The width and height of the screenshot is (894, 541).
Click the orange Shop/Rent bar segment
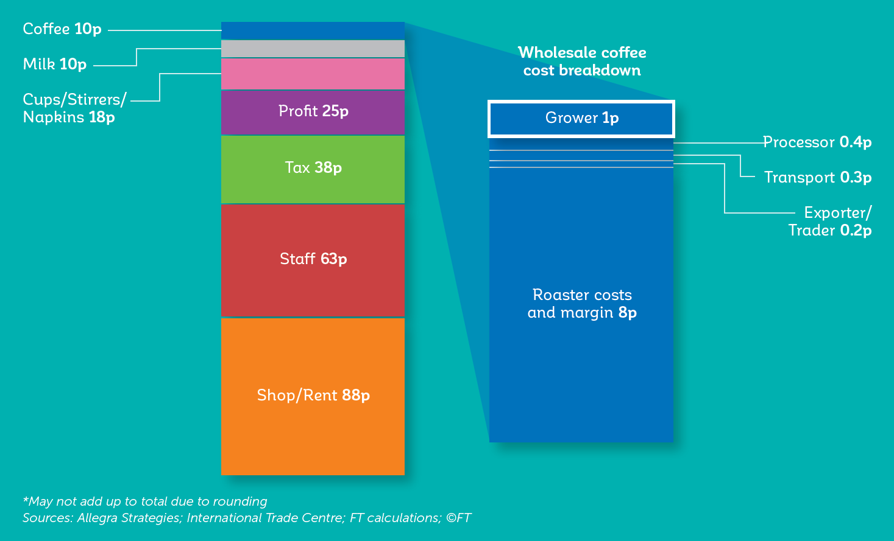click(x=313, y=396)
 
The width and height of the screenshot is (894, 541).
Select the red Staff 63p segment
click(x=313, y=260)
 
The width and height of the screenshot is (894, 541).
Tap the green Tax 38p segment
click(x=313, y=169)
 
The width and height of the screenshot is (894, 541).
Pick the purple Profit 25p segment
click(x=313, y=113)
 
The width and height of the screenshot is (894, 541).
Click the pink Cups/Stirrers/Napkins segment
click(x=313, y=74)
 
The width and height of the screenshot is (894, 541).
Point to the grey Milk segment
click(x=313, y=49)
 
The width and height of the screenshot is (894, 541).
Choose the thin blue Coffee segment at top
click(x=313, y=30)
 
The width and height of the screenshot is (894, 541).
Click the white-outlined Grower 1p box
click(x=581, y=119)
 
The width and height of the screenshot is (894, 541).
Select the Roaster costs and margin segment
click(x=581, y=305)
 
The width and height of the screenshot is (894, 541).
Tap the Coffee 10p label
click(x=62, y=29)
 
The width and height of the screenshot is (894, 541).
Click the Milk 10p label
click(x=55, y=64)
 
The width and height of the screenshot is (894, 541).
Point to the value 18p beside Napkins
click(x=102, y=117)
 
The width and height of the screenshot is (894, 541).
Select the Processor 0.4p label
click(x=817, y=142)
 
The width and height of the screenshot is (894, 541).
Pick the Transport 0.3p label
click(x=818, y=177)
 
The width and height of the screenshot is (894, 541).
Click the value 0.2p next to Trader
click(x=856, y=231)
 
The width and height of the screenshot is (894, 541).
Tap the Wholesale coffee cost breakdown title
click(x=582, y=61)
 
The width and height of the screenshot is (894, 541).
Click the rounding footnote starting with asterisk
click(x=145, y=501)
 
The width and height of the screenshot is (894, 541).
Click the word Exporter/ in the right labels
click(x=838, y=213)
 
